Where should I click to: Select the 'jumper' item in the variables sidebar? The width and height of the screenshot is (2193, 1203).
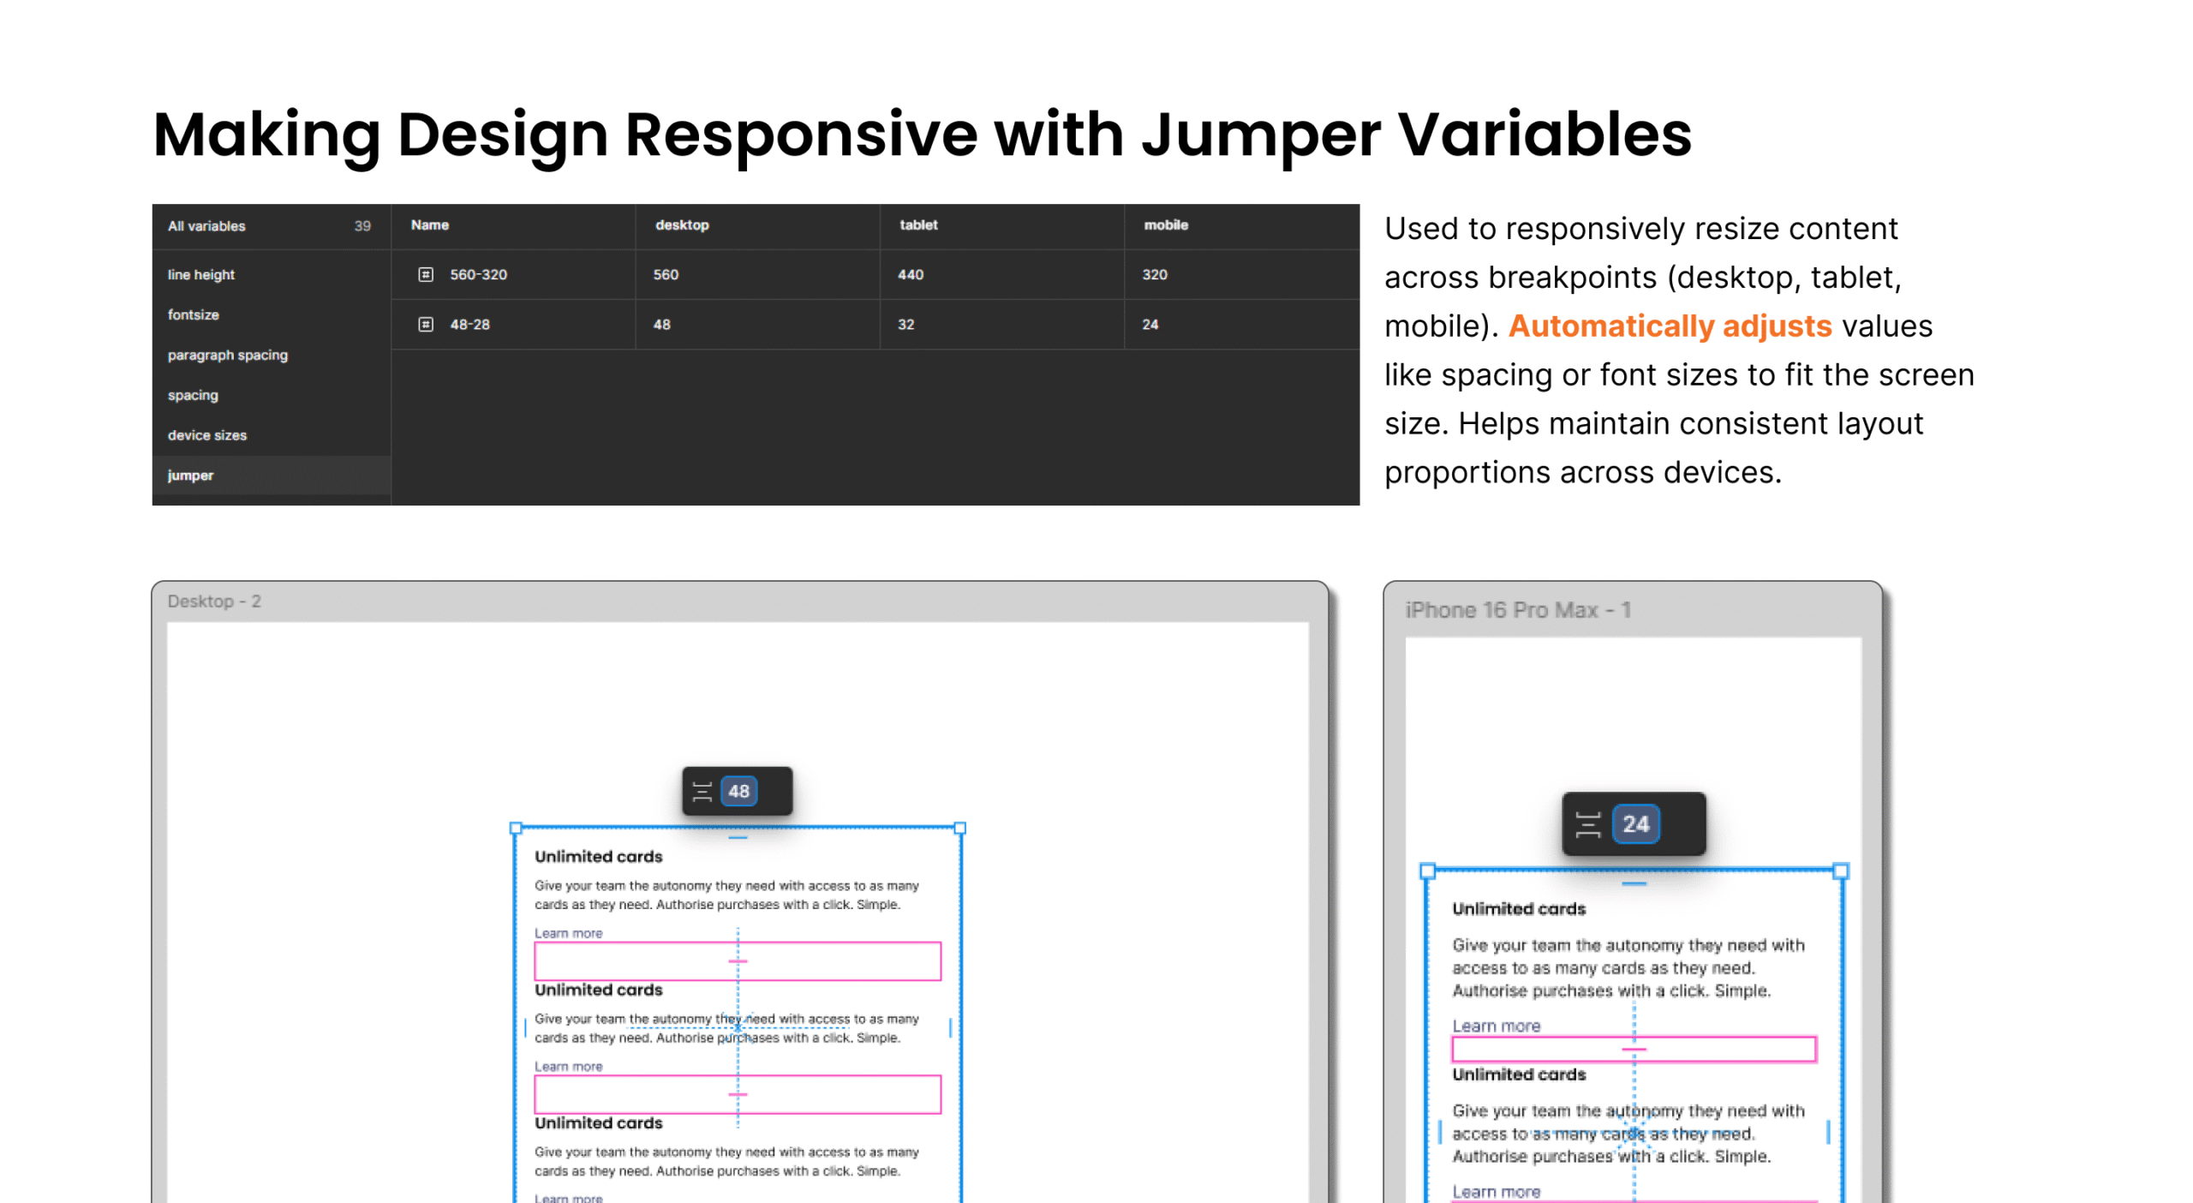click(x=190, y=476)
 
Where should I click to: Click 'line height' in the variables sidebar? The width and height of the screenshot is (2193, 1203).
click(x=201, y=274)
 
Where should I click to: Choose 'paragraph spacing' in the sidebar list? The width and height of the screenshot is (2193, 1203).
click(x=228, y=355)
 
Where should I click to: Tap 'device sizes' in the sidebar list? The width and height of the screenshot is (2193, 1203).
click(x=207, y=435)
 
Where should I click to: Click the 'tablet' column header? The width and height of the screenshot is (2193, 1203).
click(x=918, y=224)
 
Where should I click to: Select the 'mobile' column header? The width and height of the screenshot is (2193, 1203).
click(x=1166, y=224)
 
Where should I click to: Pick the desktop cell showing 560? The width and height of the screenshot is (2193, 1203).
click(x=666, y=274)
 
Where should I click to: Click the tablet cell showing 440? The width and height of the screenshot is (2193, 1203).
click(x=911, y=274)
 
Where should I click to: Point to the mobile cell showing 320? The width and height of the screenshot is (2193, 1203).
click(x=1155, y=274)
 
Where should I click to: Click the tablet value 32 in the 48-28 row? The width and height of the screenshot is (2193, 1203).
click(x=906, y=324)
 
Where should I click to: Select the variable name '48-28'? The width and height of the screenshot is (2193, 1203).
click(x=470, y=324)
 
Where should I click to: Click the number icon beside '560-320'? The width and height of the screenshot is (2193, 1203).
click(x=426, y=274)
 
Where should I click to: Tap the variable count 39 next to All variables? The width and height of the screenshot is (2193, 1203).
click(x=362, y=226)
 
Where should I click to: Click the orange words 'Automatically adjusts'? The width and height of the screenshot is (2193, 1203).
click(x=1670, y=326)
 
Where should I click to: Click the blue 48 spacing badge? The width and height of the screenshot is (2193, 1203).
click(x=738, y=791)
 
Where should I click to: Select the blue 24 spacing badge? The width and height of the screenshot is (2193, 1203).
click(x=1635, y=823)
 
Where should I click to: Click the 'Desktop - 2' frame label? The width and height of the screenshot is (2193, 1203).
click(x=214, y=601)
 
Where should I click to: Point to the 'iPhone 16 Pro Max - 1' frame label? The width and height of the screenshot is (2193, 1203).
click(x=1517, y=610)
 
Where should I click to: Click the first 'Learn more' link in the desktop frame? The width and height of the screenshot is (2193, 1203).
click(x=569, y=933)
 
